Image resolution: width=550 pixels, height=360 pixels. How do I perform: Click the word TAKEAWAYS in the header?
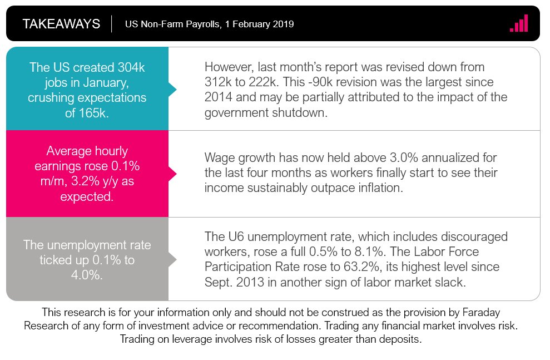point(61,24)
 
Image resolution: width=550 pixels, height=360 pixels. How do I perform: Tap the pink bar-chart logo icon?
point(518,23)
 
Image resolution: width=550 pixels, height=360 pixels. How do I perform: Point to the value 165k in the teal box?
point(98,113)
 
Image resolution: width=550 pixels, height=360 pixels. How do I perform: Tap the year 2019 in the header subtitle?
point(282,24)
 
